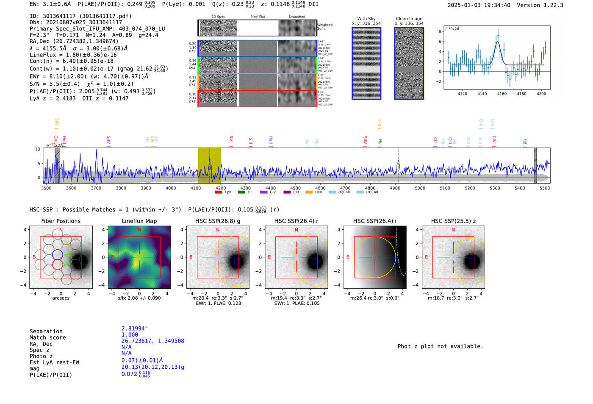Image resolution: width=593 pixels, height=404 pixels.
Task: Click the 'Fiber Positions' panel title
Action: coord(61,221)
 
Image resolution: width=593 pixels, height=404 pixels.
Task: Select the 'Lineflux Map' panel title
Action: coord(139,221)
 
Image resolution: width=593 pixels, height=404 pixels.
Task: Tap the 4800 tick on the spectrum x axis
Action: coord(370,188)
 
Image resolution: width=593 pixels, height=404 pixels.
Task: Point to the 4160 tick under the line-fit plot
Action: coord(502,94)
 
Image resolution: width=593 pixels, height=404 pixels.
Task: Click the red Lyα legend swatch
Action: coord(219,192)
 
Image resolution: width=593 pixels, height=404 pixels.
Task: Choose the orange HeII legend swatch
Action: coord(309,192)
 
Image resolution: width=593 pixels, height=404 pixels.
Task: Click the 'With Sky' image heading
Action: coord(366,19)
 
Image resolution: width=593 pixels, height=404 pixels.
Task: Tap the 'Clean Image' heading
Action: coord(409,19)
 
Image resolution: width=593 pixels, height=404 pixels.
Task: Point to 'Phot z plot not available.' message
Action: coord(440,346)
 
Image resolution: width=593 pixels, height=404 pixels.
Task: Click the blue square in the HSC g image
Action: coord(237,261)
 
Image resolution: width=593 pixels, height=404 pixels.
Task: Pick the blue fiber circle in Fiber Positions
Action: coord(57,255)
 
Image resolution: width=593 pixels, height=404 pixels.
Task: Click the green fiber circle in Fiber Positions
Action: coord(67,259)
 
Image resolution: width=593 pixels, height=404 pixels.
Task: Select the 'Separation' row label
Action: coord(46,332)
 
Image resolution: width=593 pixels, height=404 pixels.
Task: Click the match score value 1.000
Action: coord(130,334)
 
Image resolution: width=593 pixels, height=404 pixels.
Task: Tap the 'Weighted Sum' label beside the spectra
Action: coord(324,27)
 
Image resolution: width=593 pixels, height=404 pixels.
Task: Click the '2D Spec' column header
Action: coord(218,17)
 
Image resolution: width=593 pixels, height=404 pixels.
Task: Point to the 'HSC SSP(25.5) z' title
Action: coord(453,221)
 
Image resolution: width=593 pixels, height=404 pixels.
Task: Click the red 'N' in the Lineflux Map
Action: coord(139,230)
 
